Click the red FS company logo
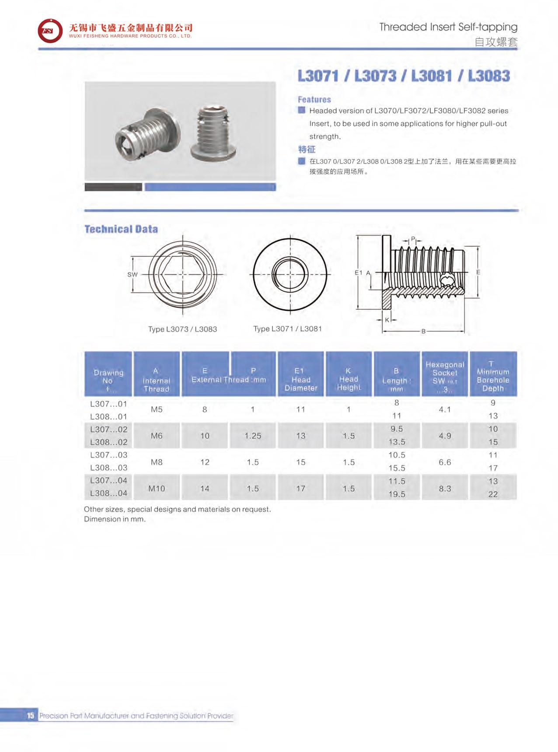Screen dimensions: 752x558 tap(49, 31)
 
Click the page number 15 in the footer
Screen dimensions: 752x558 tap(30, 716)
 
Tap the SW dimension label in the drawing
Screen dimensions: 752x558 tap(132, 275)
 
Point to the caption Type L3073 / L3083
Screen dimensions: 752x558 tap(182, 329)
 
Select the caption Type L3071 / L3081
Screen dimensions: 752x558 tap(287, 329)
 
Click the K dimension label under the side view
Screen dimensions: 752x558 tap(387, 320)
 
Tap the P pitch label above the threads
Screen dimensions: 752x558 tap(413, 239)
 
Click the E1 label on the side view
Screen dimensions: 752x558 tap(358, 273)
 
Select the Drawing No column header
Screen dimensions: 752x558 tap(108, 377)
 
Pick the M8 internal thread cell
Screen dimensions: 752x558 tap(157, 462)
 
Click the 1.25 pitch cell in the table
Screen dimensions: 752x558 tap(253, 436)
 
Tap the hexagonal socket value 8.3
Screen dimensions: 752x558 tap(445, 488)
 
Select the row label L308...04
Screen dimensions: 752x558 tap(108, 493)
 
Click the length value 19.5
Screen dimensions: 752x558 tap(397, 494)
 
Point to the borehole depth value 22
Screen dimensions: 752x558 tap(493, 494)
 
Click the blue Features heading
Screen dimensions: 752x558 tap(314, 99)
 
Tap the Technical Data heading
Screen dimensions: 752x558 tap(121, 229)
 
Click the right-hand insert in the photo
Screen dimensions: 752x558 tap(213, 133)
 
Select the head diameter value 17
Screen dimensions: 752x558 tap(301, 488)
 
